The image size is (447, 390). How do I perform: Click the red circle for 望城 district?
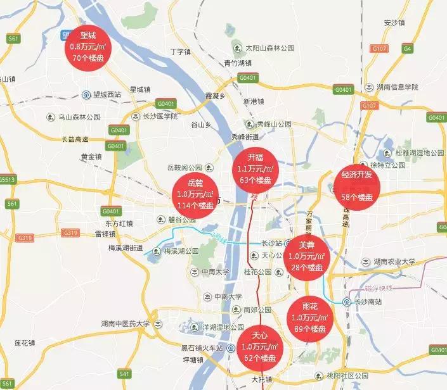[89, 45]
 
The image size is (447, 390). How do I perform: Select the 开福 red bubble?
[256, 169]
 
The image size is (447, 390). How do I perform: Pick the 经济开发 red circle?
[357, 186]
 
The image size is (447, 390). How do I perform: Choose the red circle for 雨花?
[310, 317]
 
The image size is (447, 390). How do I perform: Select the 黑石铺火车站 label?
[202, 348]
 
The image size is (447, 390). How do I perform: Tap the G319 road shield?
[26, 237]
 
